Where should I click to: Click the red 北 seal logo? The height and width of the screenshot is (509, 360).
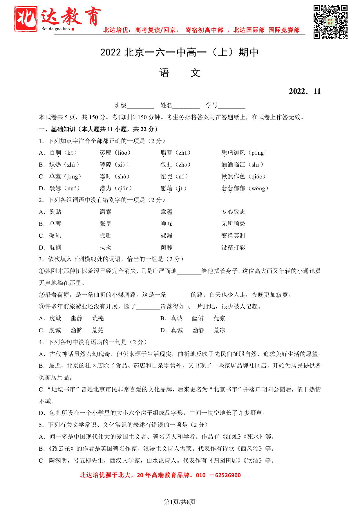tap(26, 19)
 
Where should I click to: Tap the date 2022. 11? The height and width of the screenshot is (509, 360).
tap(305, 91)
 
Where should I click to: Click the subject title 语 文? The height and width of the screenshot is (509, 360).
tap(180, 73)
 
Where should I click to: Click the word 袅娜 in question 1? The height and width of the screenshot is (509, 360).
tap(55, 188)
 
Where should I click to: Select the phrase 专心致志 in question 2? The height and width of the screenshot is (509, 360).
tap(233, 212)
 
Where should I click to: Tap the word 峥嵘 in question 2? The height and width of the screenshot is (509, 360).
tap(167, 224)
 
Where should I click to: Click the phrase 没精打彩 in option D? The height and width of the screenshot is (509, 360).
tap(233, 248)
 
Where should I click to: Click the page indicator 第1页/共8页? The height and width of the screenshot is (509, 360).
tap(180, 502)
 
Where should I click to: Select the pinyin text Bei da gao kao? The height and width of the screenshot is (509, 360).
tap(56, 29)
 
